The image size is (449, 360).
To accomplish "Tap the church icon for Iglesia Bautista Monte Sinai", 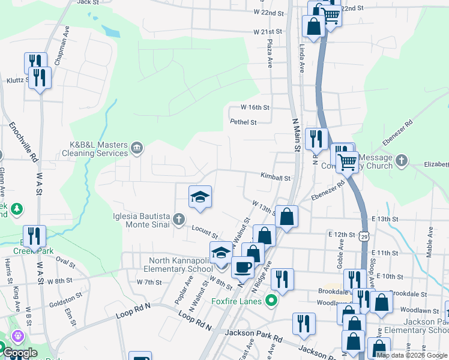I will (x=178, y=220).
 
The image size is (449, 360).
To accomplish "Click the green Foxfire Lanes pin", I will (x=271, y=301).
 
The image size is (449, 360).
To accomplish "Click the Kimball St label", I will (x=275, y=178).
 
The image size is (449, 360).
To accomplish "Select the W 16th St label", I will (x=255, y=107).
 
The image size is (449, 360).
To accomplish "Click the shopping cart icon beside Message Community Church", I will (x=347, y=161).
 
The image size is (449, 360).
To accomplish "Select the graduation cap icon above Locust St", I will (x=200, y=196).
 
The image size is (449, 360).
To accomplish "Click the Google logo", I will (x=19, y=353).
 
